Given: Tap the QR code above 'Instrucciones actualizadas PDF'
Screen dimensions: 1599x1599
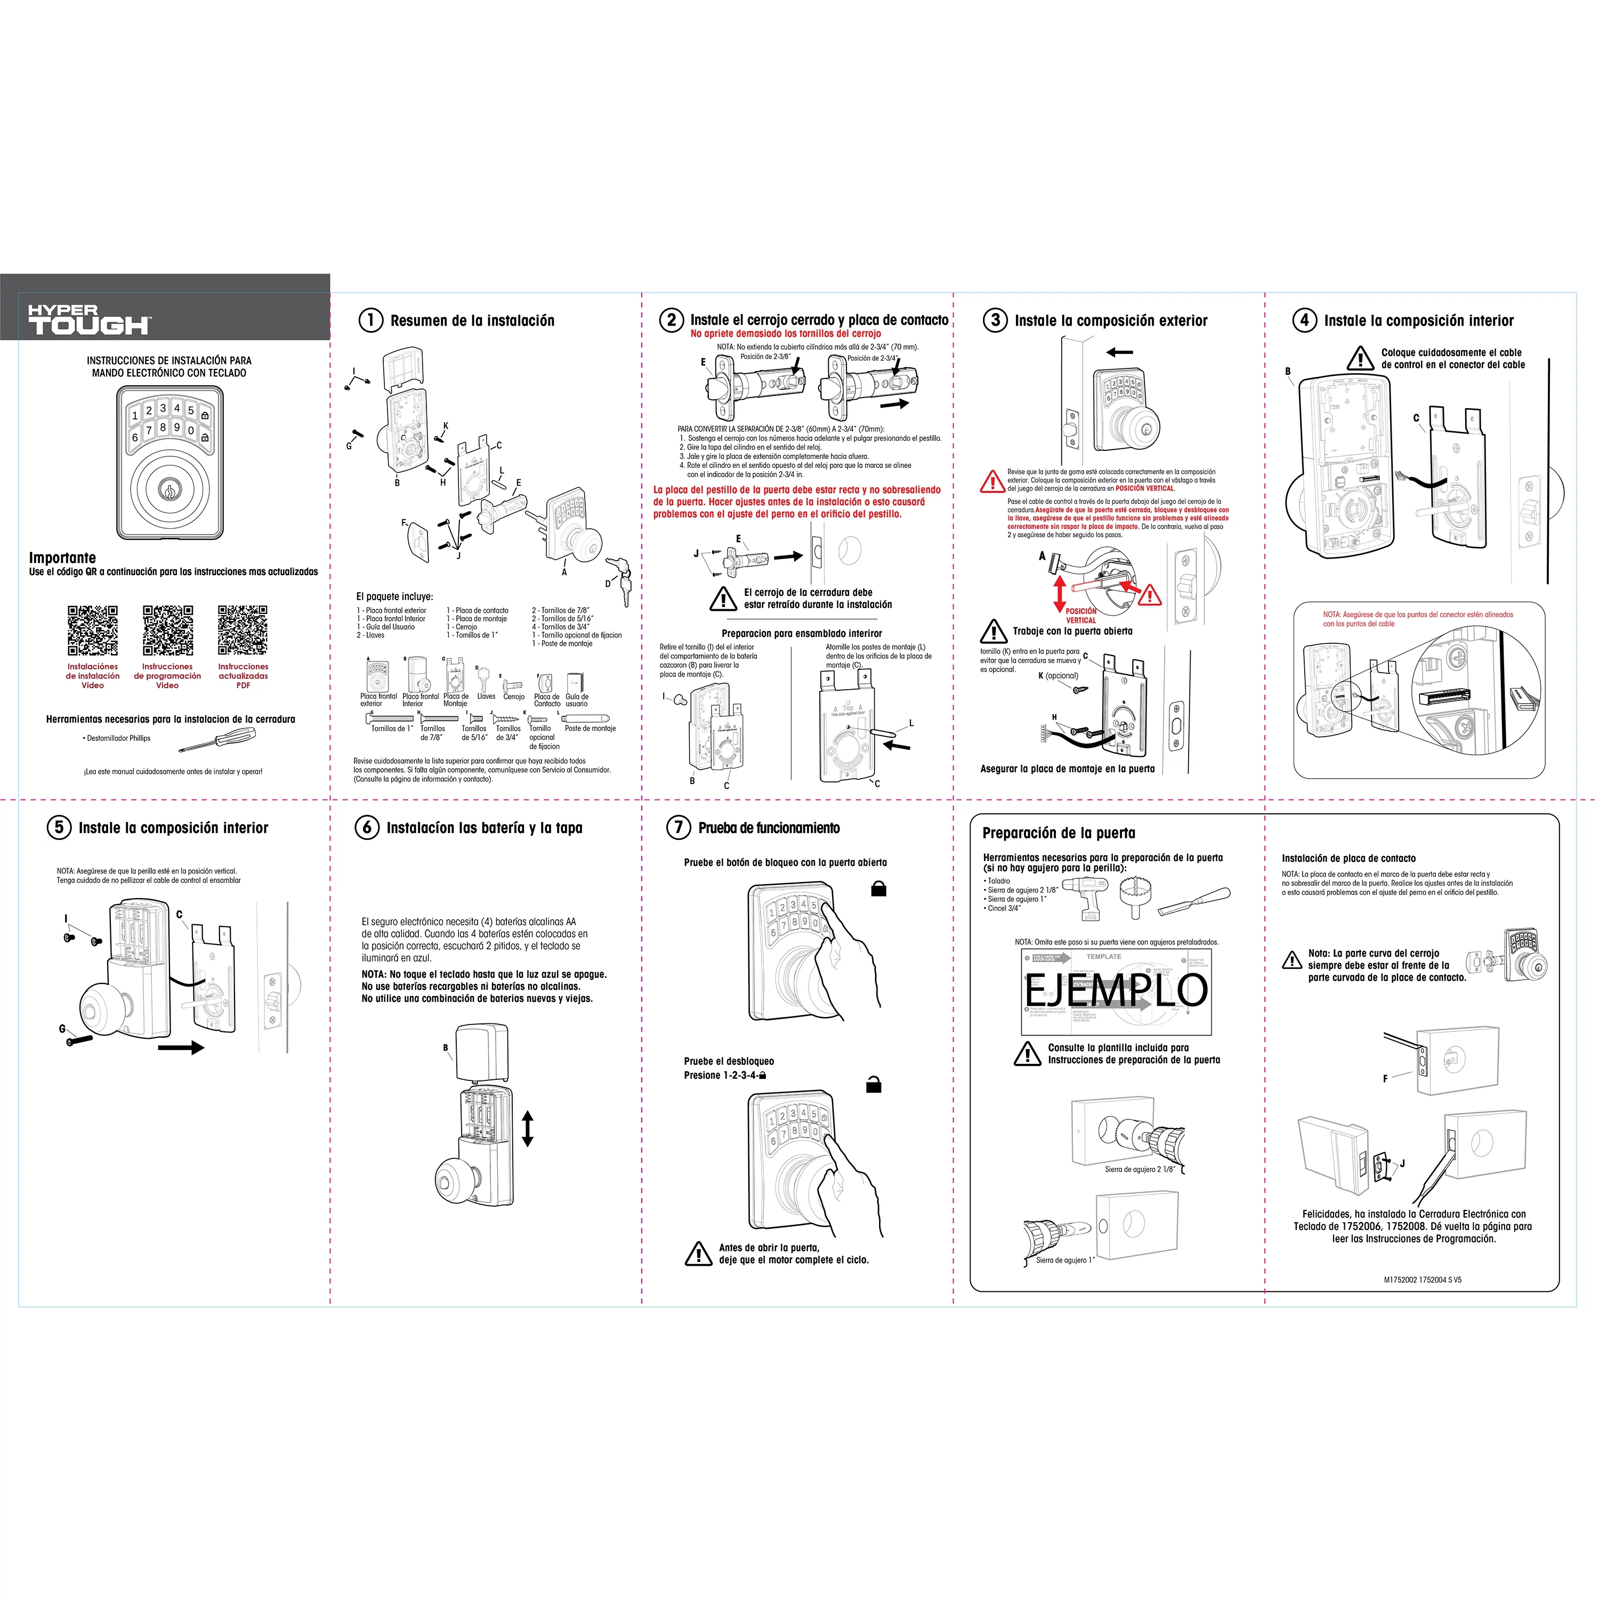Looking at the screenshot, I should (243, 630).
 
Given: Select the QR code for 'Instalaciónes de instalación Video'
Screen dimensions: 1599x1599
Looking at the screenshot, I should (93, 630).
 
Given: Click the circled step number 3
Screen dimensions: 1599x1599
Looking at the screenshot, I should (994, 320).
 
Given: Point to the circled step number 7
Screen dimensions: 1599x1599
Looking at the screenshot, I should (678, 827).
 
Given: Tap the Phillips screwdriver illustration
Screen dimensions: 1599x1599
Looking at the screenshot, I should (217, 739).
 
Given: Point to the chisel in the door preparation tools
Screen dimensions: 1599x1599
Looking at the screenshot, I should (1193, 900).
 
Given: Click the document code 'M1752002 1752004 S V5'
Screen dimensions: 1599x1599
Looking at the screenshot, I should (1422, 1280).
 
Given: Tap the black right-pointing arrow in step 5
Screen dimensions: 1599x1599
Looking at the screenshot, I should (181, 1048).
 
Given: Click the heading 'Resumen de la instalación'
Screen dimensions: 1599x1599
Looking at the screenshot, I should (472, 320).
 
